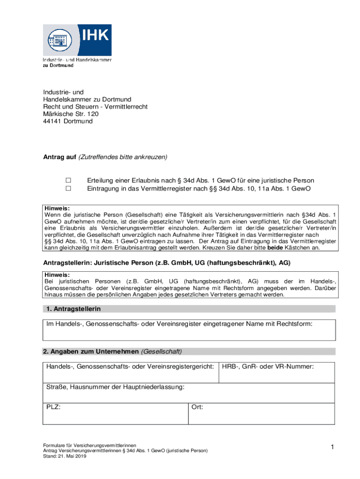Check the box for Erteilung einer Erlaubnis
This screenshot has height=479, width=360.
(68, 181)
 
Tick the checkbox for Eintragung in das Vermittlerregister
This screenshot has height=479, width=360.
(68, 189)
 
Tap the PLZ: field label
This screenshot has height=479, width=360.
(53, 407)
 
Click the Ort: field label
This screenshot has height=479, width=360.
(197, 407)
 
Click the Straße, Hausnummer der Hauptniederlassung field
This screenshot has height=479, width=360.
(188, 393)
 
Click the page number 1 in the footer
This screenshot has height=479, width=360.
(331, 448)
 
